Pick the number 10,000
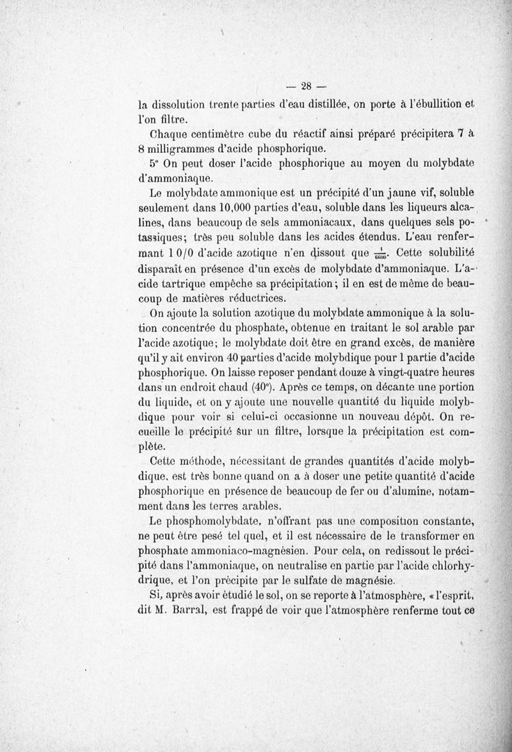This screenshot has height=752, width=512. tap(238, 207)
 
